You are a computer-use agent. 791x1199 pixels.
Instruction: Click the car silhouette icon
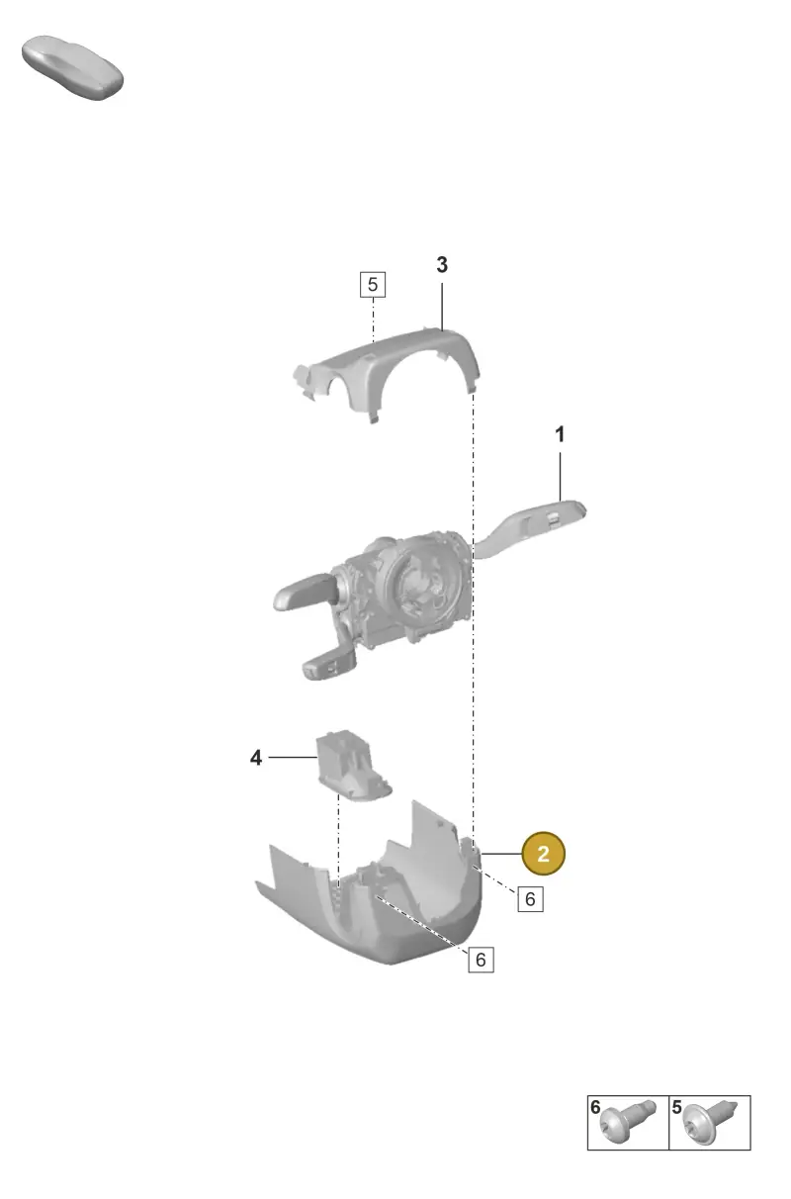click(73, 68)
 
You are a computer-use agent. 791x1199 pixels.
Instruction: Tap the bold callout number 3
click(442, 264)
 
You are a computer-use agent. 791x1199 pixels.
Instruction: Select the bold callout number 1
click(560, 434)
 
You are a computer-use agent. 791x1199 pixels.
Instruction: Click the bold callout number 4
click(256, 758)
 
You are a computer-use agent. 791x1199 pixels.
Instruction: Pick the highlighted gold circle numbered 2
click(543, 853)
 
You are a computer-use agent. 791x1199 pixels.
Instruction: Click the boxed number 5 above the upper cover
click(373, 284)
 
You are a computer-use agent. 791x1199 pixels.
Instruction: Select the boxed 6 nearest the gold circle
click(530, 898)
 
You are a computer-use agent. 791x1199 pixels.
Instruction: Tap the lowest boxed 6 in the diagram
click(481, 960)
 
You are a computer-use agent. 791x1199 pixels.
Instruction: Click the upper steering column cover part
click(387, 369)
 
